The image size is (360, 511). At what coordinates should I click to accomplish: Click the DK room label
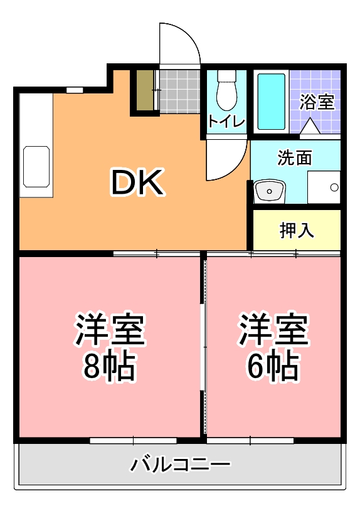[137, 182]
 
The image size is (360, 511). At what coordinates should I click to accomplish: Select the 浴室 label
[316, 102]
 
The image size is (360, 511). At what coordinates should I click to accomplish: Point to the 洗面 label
[295, 158]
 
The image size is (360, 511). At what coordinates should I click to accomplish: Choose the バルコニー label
[181, 465]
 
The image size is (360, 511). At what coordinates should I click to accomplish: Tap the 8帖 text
[110, 368]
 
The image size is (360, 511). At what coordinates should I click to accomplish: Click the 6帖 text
[272, 368]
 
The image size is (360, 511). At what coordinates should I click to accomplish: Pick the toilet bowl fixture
[225, 93]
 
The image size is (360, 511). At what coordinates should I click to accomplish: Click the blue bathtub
[271, 101]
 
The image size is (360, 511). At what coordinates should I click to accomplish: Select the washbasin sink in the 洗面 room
[270, 190]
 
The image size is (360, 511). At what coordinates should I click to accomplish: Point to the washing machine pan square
[324, 187]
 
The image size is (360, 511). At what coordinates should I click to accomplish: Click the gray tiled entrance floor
[178, 91]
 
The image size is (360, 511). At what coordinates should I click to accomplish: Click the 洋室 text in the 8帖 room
[110, 330]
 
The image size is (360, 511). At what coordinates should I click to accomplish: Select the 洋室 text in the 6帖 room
[272, 330]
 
